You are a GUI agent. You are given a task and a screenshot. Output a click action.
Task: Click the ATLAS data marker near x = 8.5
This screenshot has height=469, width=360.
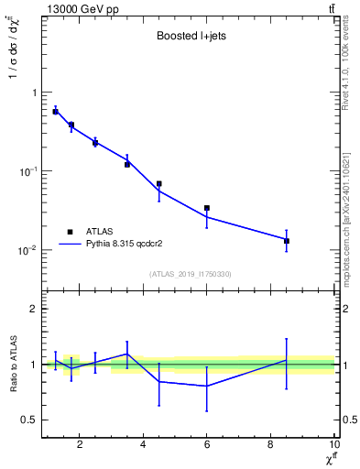click(x=287, y=241)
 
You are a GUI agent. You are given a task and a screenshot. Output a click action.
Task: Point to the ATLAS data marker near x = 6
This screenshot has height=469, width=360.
click(x=207, y=208)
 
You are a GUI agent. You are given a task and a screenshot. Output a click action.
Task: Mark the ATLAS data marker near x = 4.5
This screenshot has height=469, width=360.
click(x=159, y=184)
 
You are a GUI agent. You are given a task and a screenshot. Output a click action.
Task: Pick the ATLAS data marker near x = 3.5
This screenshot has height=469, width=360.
click(x=127, y=164)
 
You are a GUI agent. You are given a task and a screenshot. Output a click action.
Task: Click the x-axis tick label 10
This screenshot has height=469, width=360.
click(x=333, y=445)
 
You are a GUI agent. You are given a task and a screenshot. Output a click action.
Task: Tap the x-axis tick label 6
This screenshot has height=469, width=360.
click(x=207, y=445)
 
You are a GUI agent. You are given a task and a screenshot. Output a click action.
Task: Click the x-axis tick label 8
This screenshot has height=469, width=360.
click(x=271, y=445)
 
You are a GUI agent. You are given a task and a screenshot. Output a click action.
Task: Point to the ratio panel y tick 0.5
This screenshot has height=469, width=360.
click(x=29, y=420)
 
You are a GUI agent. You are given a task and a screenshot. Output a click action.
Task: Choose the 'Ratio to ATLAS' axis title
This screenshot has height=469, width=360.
click(x=12, y=364)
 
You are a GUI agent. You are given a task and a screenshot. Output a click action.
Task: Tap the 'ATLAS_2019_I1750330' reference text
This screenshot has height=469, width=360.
click(x=190, y=274)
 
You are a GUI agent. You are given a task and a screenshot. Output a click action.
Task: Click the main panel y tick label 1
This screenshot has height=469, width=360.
click(x=34, y=93)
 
